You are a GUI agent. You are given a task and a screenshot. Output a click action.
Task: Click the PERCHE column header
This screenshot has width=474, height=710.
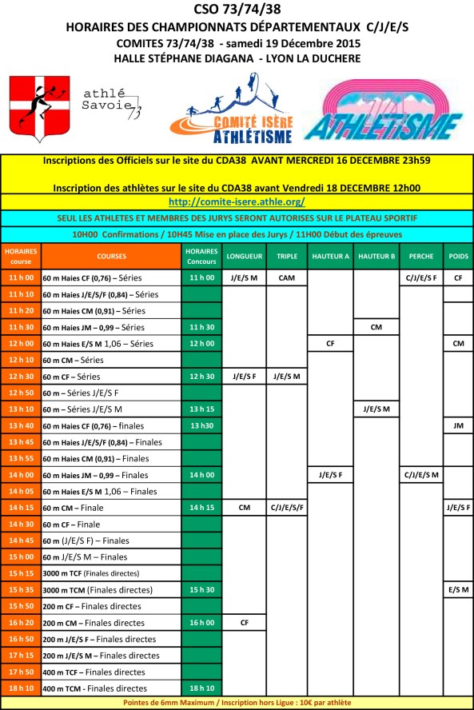pos(421,256)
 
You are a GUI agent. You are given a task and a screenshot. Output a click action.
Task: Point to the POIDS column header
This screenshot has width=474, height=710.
pos(459,256)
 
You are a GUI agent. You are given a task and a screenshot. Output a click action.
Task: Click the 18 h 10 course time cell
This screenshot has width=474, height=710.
pos(21,687)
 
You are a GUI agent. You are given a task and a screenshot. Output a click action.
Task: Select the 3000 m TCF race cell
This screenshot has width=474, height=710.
pos(110,572)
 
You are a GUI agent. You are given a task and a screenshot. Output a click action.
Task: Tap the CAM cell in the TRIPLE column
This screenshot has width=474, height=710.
pos(286,277)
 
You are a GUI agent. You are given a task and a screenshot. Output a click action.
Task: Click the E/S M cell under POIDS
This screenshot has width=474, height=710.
pos(458,588)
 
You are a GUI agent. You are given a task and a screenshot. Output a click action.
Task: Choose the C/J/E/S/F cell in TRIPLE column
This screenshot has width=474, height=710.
pos(286,507)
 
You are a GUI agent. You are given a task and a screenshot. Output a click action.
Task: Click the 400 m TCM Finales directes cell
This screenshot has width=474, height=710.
pos(110,688)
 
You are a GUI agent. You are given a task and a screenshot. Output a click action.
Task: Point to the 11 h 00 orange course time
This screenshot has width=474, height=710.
pos(21,277)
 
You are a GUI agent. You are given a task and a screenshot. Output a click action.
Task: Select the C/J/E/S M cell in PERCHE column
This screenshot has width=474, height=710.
pos(421,474)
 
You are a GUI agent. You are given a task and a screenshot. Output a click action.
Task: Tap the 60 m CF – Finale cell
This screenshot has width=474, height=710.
pos(110,524)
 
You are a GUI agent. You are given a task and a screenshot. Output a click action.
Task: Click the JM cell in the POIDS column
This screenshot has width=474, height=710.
pos(458,425)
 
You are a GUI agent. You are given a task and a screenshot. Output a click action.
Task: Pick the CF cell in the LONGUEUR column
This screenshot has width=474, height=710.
pos(241,621)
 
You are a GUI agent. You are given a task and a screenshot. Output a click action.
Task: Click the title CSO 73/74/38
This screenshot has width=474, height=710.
pos(237,10)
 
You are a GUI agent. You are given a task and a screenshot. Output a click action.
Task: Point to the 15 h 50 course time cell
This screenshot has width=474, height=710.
pos(21,605)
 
